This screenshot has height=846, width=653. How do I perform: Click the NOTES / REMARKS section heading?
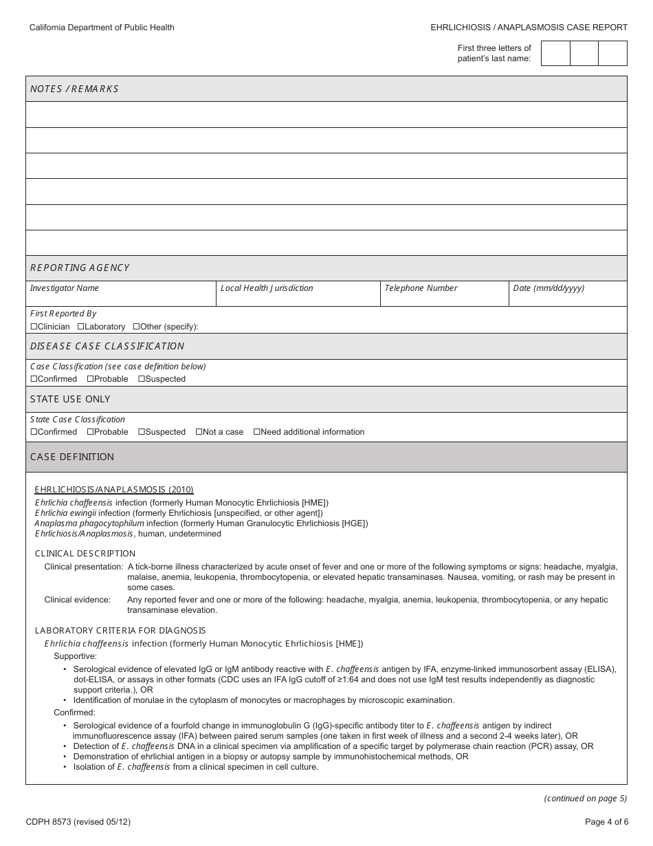coord(74,89)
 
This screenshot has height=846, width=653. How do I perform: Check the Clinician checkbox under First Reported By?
coord(34,327)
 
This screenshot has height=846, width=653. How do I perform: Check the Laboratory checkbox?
coord(81,327)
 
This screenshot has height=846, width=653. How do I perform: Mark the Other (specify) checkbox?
coord(136,327)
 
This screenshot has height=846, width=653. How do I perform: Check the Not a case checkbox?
coord(199,432)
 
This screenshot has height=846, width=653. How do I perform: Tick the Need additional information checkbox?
coord(257,432)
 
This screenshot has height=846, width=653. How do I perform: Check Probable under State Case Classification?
coord(90,432)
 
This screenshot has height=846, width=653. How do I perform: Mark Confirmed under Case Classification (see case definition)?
coord(34,379)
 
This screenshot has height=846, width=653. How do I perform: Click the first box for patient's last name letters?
coord(555,53)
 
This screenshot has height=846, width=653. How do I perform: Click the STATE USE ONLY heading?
coord(70,399)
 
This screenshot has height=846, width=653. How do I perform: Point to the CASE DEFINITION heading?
coord(72,457)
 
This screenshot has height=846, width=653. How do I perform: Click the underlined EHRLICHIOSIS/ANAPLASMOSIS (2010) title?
coord(114,490)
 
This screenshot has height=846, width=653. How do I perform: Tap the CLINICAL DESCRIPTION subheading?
coord(85,554)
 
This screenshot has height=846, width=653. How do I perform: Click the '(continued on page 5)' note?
coord(585,799)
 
